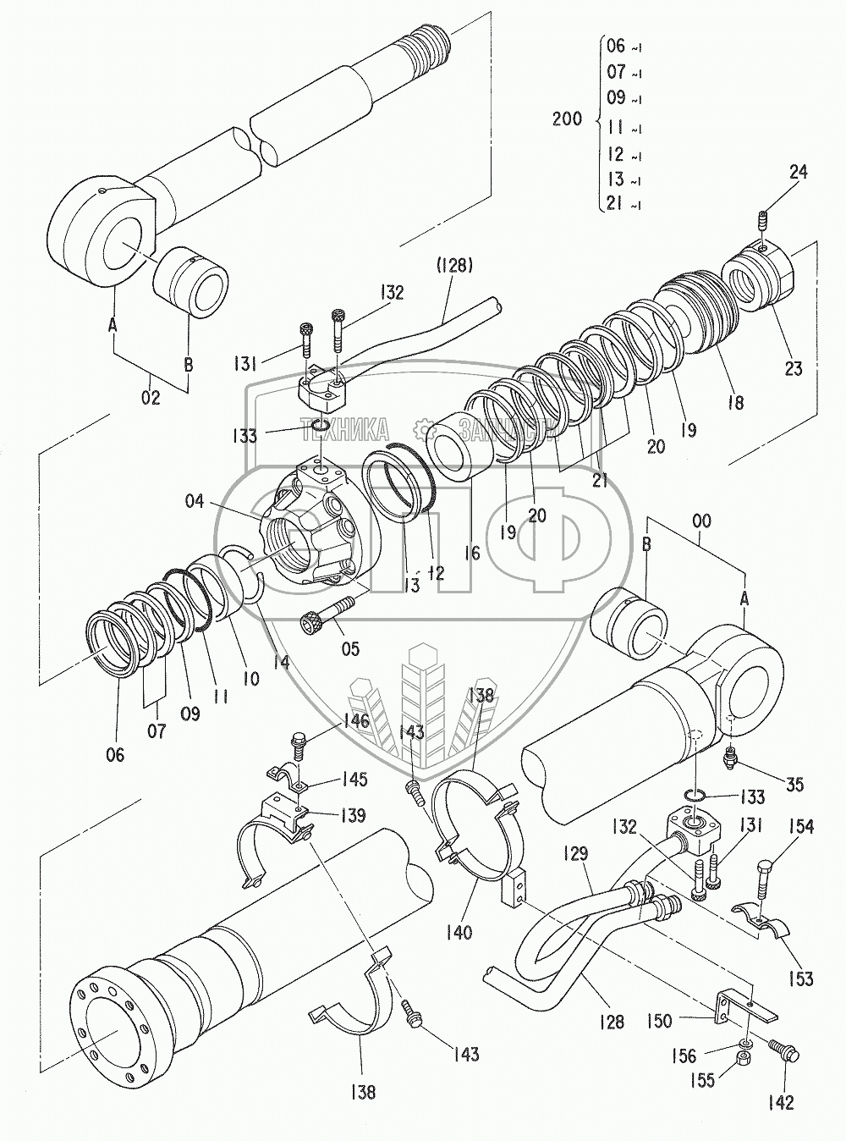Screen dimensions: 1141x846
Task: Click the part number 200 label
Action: coord(566,119)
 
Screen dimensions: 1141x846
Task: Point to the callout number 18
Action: coord(734,403)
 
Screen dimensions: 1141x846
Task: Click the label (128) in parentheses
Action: coord(455,267)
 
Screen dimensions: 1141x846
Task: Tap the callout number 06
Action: coord(114,754)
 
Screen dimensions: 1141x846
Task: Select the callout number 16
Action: coord(472,553)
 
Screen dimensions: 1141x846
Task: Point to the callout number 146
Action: coord(355,721)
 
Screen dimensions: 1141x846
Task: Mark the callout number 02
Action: coord(150,397)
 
